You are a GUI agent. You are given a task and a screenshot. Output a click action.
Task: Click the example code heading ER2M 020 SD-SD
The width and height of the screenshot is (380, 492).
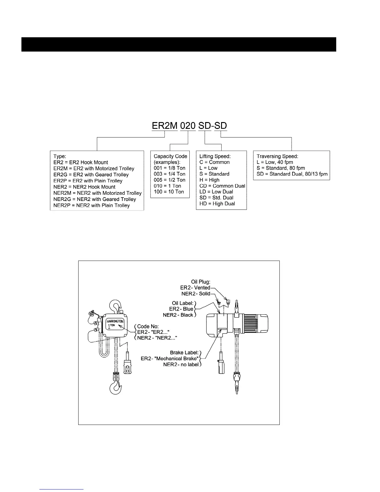(x=189, y=126)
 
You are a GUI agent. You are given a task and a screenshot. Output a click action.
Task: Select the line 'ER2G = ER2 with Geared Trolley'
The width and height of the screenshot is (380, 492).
(x=91, y=175)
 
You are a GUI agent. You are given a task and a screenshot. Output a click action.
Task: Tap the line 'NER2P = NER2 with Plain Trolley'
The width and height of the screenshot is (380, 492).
(x=92, y=205)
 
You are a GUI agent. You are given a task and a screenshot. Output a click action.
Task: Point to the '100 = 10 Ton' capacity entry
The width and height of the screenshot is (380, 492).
(x=169, y=192)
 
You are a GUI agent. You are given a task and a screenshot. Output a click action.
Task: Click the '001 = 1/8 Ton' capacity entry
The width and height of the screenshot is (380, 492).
(x=170, y=168)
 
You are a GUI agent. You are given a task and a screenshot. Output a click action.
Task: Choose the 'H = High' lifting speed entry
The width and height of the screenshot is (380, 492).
(x=209, y=180)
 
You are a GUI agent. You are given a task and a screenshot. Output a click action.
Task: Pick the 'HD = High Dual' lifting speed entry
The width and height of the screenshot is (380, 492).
(x=217, y=204)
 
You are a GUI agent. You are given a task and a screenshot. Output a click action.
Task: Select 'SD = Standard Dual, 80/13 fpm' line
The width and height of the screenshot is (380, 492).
(x=292, y=174)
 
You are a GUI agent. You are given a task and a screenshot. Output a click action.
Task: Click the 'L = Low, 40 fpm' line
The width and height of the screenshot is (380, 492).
(x=275, y=162)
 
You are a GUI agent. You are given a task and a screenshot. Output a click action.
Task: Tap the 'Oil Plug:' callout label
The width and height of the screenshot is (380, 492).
(x=201, y=282)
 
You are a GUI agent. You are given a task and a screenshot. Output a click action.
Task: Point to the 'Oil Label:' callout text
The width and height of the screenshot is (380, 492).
(x=183, y=303)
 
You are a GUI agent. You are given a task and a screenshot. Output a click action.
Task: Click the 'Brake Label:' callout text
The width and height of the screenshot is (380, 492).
(x=184, y=353)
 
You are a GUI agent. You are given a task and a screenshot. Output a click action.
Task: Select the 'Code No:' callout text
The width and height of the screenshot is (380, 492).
(x=148, y=326)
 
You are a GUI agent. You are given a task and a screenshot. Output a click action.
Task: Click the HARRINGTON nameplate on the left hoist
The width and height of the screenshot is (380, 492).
(x=115, y=324)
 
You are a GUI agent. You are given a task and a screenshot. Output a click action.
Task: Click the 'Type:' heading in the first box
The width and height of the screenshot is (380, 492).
(x=60, y=156)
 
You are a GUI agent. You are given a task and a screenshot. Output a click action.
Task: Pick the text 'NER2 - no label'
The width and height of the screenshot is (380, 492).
(x=181, y=364)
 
